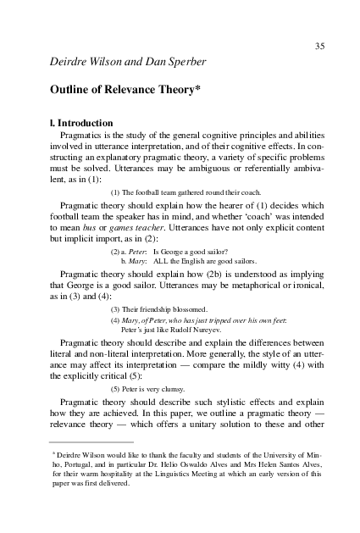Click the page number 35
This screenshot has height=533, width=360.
tap(319, 46)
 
